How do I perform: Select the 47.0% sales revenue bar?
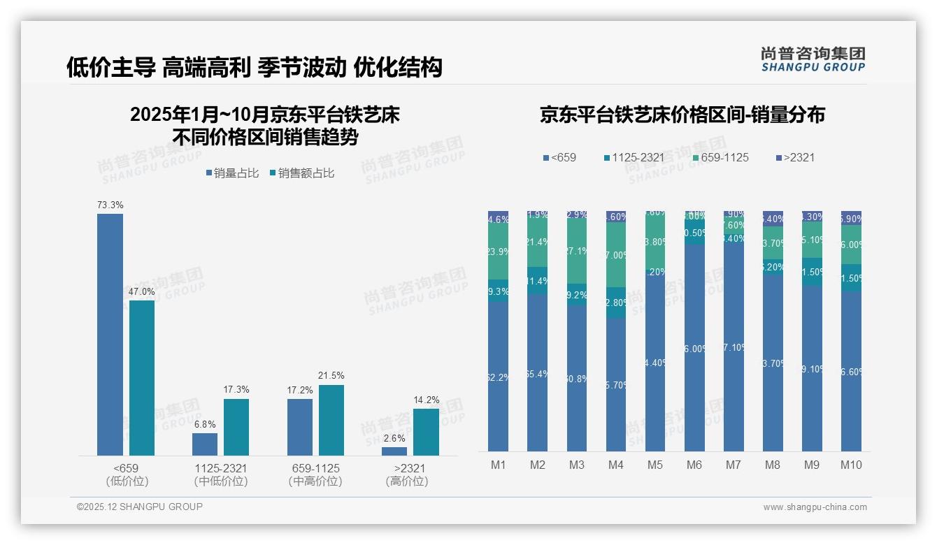[142, 377]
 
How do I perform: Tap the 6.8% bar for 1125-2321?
[205, 444]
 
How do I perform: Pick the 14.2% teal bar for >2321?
[426, 432]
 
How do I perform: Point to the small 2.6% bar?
[394, 451]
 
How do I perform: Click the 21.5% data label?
[331, 376]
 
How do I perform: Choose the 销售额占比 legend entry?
[301, 173]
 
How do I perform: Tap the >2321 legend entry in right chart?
[795, 158]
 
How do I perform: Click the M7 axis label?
[734, 465]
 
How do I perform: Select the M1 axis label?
[499, 465]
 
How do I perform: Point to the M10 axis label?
[851, 465]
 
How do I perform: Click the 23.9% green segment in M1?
[499, 252]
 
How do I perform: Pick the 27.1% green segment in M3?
[577, 251]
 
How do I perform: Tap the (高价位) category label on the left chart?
[406, 481]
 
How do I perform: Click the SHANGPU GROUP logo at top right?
[813, 59]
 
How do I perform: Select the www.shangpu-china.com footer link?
[815, 507]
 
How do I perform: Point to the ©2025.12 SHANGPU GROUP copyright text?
[140, 507]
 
